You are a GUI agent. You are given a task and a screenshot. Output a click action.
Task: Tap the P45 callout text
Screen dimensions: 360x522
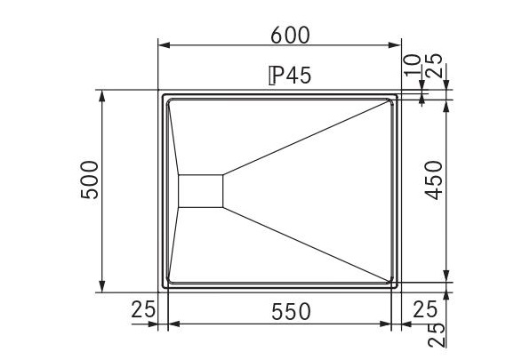(x=289, y=76)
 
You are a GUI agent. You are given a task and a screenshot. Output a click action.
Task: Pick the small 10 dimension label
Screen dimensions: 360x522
(x=411, y=65)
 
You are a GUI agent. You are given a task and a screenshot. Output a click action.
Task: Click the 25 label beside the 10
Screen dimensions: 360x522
(x=435, y=67)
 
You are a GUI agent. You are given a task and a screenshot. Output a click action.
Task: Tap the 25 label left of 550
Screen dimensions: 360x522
(x=143, y=310)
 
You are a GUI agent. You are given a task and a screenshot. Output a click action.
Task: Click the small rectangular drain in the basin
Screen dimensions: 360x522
(x=200, y=190)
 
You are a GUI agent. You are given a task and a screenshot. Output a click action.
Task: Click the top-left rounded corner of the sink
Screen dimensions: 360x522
(x=163, y=94)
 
